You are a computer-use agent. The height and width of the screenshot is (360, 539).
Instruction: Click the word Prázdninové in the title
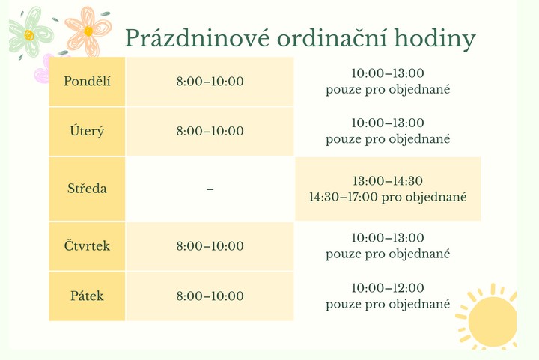[197, 37]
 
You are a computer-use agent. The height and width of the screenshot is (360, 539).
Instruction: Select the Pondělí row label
[87, 81]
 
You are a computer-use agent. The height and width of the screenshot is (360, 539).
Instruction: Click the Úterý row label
[87, 131]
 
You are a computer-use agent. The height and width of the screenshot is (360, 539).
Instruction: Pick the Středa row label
[87, 189]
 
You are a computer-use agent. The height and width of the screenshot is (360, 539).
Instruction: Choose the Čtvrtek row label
[87, 245]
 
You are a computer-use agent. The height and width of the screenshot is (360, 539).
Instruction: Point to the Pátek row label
[87, 296]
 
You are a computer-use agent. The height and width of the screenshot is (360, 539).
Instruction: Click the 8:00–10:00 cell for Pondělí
[210, 82]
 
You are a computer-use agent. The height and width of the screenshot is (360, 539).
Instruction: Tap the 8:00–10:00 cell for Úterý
[210, 131]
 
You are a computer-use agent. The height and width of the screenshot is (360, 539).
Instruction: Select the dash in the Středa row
[210, 189]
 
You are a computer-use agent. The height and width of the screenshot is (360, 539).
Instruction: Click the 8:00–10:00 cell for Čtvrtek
[210, 246]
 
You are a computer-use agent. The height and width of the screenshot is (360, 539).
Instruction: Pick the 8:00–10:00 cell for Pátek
[210, 296]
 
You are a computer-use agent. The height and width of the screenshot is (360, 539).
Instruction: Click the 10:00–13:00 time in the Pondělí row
[388, 73]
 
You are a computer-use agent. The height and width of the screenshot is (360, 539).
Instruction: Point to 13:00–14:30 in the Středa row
[388, 180]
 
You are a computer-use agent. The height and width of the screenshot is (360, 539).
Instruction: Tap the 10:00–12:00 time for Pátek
[388, 288]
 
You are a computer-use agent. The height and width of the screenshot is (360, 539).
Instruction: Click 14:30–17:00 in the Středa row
[343, 197]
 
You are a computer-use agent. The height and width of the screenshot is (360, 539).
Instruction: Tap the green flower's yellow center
[29, 35]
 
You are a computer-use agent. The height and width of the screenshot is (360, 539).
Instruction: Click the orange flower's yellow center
[88, 31]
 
